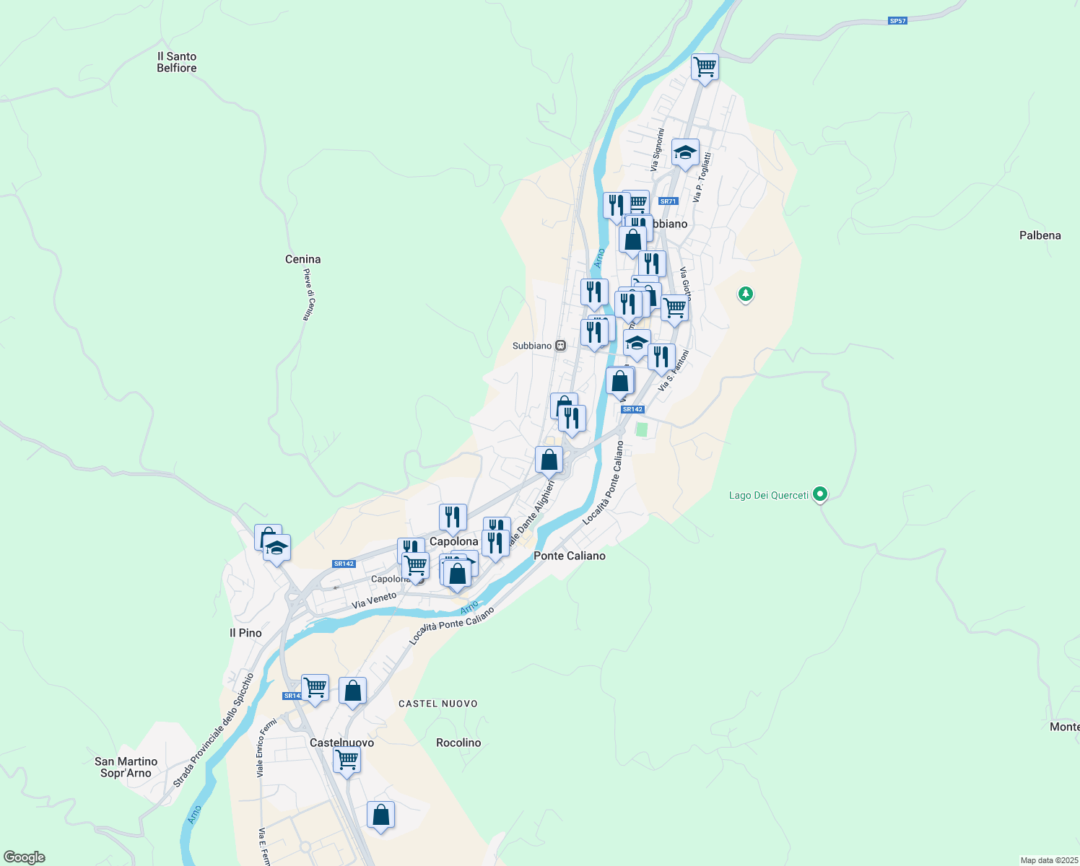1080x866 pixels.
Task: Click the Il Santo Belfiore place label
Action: point(177,62)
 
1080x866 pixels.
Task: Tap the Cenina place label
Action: point(302,259)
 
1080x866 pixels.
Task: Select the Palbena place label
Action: point(1040,235)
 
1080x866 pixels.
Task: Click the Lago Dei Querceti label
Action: point(768,495)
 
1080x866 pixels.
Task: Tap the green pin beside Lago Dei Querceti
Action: point(819,494)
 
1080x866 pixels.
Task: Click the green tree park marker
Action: point(746,294)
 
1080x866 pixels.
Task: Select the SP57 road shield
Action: point(897,21)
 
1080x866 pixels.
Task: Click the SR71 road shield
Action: point(668,201)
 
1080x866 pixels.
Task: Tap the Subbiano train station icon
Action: point(560,346)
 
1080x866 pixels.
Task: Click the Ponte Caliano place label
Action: point(569,556)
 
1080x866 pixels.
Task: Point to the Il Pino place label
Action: point(245,633)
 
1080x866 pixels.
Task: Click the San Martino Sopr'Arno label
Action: point(126,767)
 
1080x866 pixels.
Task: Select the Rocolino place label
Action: point(458,743)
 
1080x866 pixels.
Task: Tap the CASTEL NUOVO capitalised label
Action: point(438,704)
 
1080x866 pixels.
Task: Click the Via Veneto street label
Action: point(374,600)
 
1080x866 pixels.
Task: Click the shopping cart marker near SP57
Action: point(705,67)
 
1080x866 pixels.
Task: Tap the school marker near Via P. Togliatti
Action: point(685,152)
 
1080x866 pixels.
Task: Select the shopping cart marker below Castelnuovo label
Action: point(347,760)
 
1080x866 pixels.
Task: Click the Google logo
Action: point(24,857)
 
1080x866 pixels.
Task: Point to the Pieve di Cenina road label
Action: point(307,294)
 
